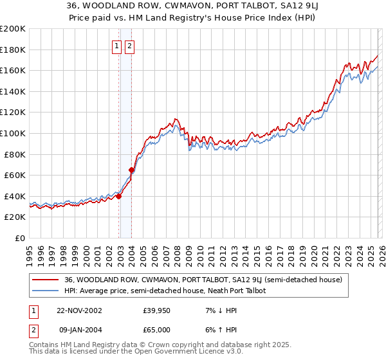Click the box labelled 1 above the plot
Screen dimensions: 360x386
point(116,46)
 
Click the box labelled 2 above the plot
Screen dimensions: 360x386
point(129,46)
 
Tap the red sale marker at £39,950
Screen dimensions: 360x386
point(119,197)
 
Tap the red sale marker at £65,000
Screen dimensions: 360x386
point(132,170)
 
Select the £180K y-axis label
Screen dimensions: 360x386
point(13,50)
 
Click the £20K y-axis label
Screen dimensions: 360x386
point(15,217)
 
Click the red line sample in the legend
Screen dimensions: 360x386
point(46,280)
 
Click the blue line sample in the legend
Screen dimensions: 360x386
point(46,291)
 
